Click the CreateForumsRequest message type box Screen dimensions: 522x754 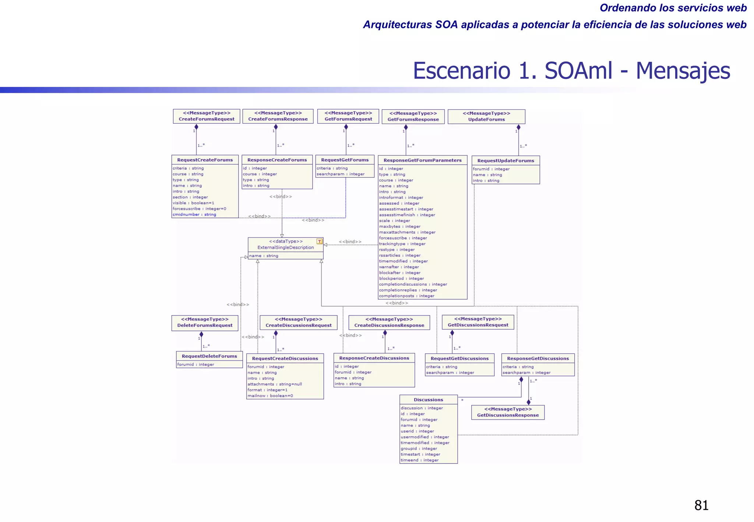(x=207, y=116)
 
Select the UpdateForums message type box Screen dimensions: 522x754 (x=486, y=117)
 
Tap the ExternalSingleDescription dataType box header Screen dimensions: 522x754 (x=285, y=244)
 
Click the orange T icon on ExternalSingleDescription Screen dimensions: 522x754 (x=320, y=241)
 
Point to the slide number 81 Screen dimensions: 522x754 (x=701, y=505)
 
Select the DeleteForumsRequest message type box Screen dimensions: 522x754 (x=205, y=322)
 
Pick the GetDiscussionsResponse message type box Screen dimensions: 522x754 (x=508, y=412)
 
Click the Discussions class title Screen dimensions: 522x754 (x=428, y=400)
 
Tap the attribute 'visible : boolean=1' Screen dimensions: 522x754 (x=193, y=203)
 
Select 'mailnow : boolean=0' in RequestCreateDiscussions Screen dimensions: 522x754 (x=270, y=396)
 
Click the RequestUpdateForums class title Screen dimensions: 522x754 (x=505, y=161)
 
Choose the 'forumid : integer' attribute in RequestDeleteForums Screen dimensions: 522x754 (x=195, y=364)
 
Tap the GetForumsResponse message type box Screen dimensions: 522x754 (x=413, y=117)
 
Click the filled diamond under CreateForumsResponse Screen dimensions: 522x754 (x=276, y=127)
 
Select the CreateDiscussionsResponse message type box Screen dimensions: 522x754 (x=389, y=322)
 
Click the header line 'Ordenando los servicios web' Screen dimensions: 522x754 (x=673, y=8)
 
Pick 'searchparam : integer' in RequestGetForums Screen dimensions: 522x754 (x=341, y=174)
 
